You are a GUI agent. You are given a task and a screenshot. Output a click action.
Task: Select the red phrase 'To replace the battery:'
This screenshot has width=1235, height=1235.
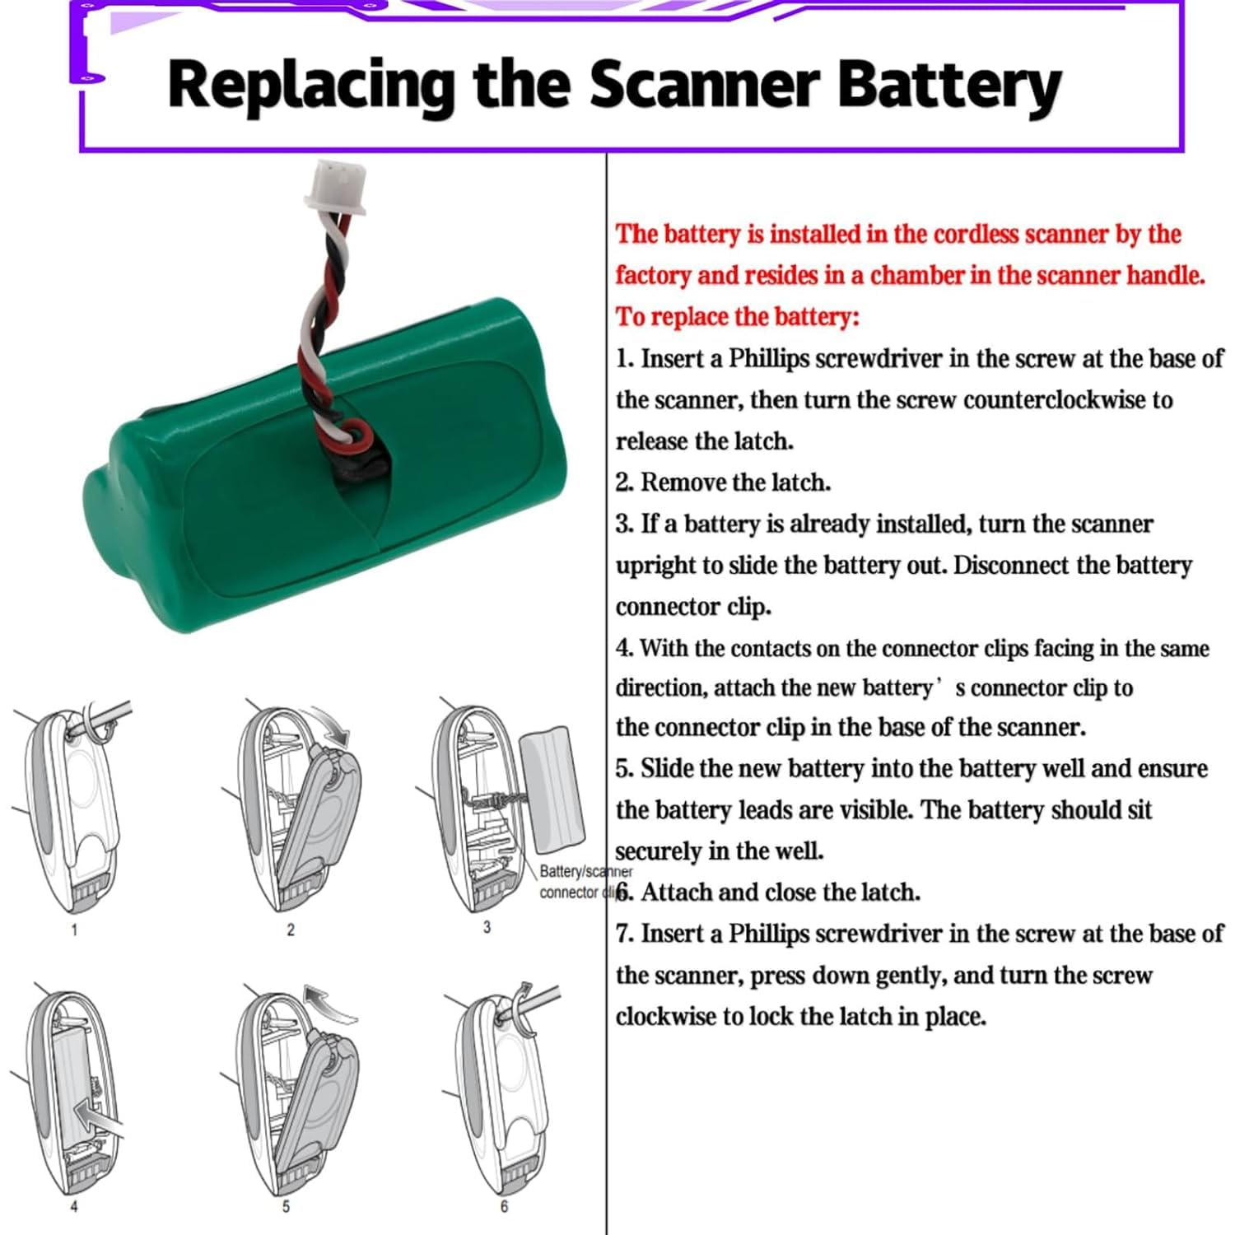pyautogui.click(x=738, y=317)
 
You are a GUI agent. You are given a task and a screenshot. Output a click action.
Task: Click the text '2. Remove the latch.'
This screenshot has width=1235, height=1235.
pyautogui.click(x=723, y=482)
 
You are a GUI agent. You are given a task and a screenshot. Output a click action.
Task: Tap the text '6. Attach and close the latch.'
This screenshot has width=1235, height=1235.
pyautogui.click(x=768, y=892)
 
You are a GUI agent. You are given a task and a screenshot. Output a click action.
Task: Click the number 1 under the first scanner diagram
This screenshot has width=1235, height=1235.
pyautogui.click(x=74, y=930)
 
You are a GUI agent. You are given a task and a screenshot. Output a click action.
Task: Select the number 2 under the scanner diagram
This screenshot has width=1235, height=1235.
pyautogui.click(x=290, y=930)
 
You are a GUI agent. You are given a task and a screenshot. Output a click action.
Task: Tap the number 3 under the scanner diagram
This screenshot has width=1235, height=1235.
pyautogui.click(x=487, y=927)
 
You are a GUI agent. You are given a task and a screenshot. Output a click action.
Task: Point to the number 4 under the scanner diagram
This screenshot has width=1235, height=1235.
pyautogui.click(x=74, y=1206)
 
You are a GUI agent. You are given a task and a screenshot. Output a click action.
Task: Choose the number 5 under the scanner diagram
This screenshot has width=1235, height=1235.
pyautogui.click(x=286, y=1206)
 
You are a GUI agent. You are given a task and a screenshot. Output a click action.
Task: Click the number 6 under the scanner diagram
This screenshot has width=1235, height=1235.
pyautogui.click(x=504, y=1206)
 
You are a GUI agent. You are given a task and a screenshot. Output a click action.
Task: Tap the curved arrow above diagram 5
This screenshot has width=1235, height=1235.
pyautogui.click(x=329, y=999)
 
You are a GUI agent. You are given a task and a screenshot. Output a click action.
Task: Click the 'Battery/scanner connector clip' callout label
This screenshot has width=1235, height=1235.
pyautogui.click(x=580, y=882)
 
